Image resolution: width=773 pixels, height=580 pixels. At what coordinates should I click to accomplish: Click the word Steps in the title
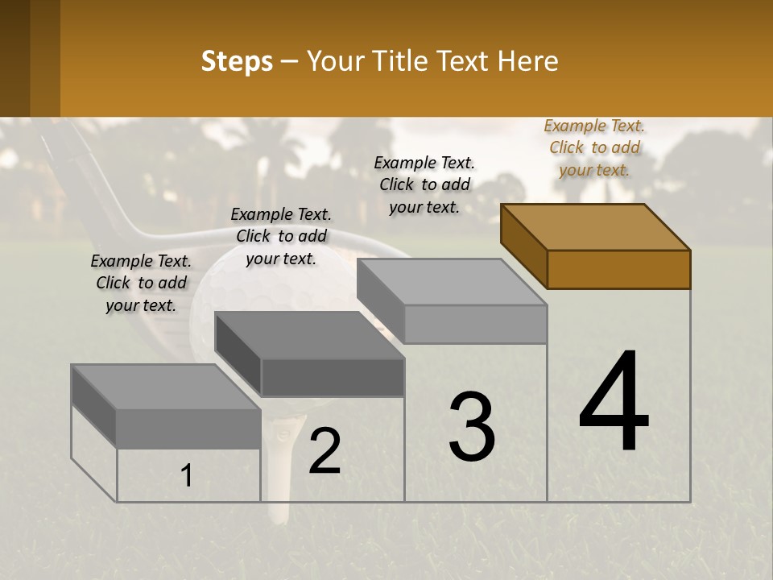click(x=237, y=61)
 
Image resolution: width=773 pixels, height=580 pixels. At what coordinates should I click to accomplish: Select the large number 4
click(x=614, y=403)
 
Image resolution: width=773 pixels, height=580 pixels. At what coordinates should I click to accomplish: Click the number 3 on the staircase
click(x=472, y=427)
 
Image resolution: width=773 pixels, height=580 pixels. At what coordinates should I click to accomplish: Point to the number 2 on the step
click(x=324, y=451)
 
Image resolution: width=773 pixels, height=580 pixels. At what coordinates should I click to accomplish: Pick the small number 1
click(x=187, y=476)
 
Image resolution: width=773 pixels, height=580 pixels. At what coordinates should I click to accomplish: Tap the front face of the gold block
click(x=618, y=269)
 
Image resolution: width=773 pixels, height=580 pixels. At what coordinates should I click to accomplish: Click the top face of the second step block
click(x=310, y=335)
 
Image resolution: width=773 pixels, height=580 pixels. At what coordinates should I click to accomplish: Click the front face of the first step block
click(x=188, y=428)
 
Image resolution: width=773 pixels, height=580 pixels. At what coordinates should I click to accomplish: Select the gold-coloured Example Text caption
click(x=594, y=147)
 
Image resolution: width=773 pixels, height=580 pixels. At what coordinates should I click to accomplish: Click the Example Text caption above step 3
click(x=424, y=184)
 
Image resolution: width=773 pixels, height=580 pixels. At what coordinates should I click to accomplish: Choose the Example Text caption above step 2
click(x=281, y=236)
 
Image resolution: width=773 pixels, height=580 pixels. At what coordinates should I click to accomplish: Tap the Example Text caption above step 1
click(x=141, y=283)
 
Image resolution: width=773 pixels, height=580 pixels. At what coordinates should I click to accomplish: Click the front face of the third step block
click(x=475, y=324)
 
